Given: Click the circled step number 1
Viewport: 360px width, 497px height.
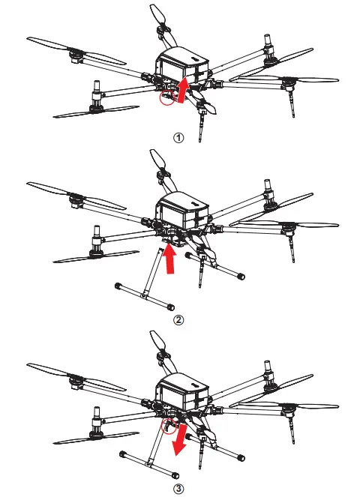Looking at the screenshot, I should coord(178,139).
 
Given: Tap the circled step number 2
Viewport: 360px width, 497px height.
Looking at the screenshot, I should coord(178,320).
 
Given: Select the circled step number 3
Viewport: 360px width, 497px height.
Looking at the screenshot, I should coord(178,489).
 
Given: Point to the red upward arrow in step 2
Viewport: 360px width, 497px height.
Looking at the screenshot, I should coord(171,262).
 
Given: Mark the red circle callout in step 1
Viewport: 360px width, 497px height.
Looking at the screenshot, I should coord(166,98).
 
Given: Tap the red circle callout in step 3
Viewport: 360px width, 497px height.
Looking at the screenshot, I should coord(169,429).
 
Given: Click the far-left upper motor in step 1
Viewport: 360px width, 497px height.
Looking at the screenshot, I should coord(76,55).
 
